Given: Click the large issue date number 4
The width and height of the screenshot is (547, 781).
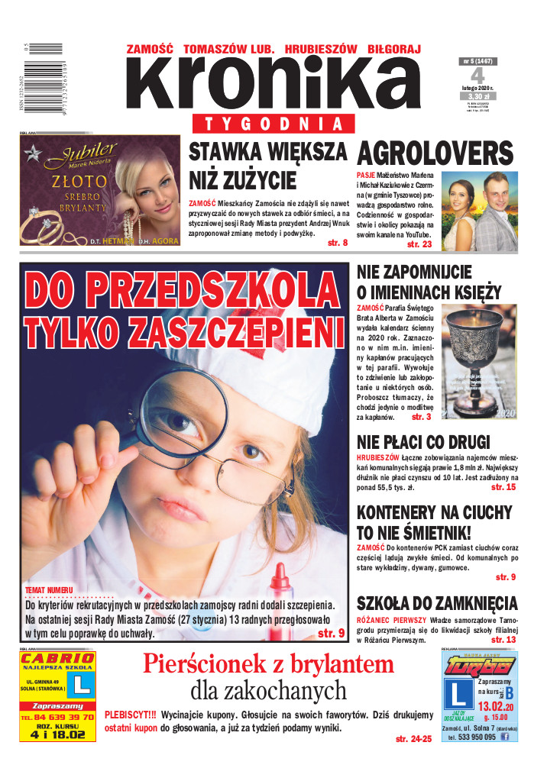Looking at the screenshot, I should coord(477,76).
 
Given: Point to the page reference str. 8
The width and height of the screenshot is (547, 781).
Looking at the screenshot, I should coord(337,243).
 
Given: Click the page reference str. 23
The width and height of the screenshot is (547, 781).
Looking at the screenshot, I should coord(419,245).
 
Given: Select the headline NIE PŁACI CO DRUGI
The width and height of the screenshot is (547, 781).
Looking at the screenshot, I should coord(423,443).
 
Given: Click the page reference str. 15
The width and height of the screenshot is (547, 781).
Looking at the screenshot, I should coord(503,487).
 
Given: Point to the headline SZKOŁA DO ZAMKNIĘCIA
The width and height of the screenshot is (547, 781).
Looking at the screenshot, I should coord(437,603).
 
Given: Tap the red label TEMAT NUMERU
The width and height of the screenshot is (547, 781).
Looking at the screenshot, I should coord(49,591).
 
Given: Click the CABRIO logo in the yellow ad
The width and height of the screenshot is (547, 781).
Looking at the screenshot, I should coord(58,659).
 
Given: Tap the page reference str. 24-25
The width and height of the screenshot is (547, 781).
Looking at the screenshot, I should coord(413,739).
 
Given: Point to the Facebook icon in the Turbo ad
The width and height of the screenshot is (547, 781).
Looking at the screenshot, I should coord(504,737).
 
